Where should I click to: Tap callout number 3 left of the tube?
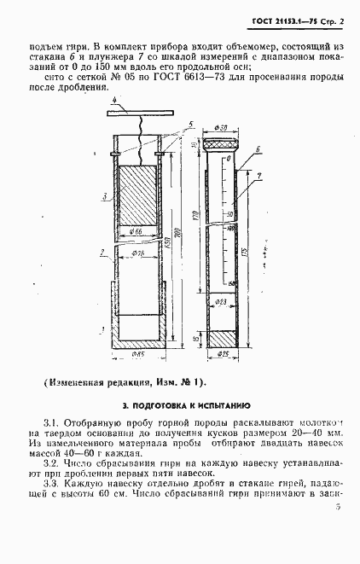(102, 197)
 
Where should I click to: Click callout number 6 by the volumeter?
(258, 173)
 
